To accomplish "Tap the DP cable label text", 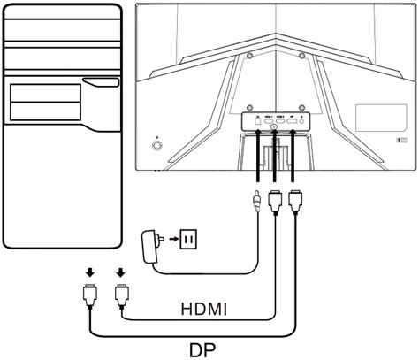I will pyautogui.click(x=202, y=348).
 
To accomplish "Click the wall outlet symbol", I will pyautogui.click(x=191, y=238).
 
